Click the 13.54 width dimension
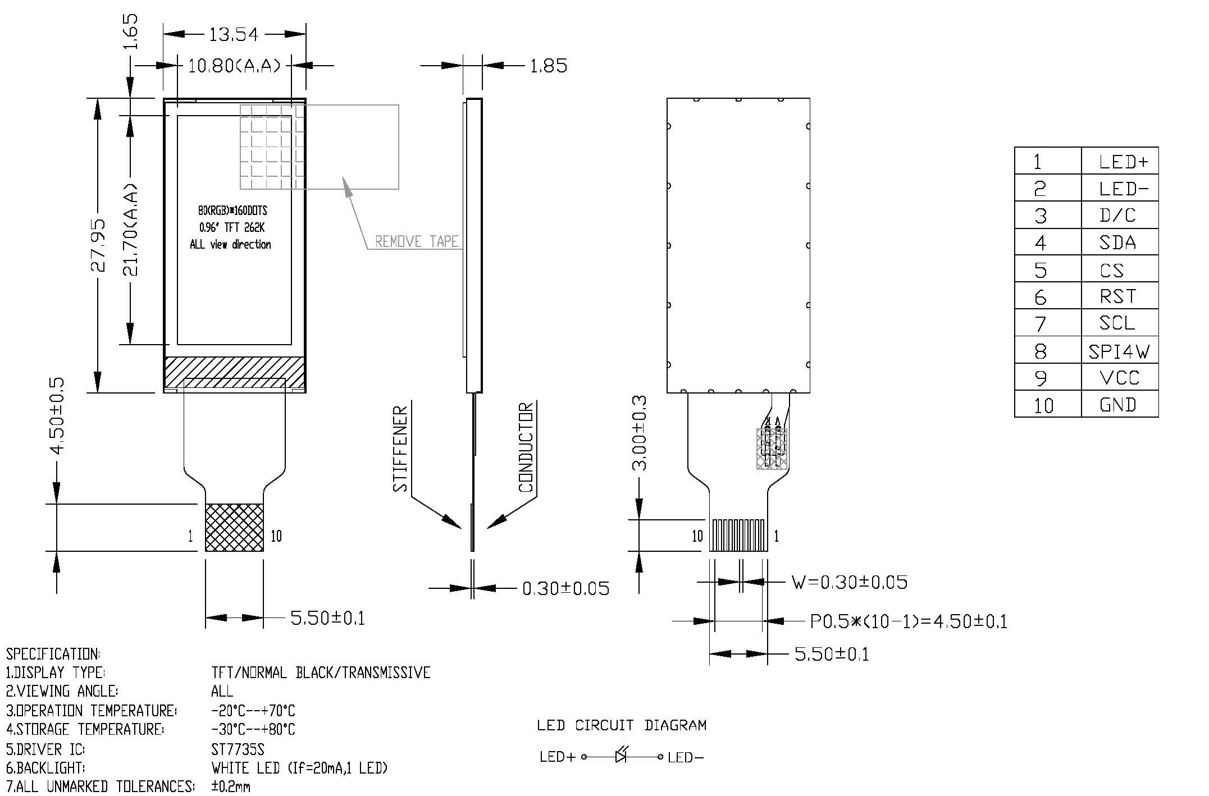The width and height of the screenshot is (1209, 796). click(234, 35)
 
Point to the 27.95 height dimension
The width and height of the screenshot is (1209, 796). click(98, 245)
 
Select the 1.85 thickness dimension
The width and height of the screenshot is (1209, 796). click(549, 66)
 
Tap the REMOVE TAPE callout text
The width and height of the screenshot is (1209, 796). click(417, 242)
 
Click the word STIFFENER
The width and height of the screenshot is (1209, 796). click(400, 449)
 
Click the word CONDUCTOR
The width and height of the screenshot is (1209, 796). click(526, 447)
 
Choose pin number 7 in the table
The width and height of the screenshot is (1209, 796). click(1040, 324)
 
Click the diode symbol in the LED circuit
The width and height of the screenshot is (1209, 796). click(621, 756)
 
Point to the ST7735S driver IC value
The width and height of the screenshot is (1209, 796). click(238, 749)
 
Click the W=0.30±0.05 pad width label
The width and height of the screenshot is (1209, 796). click(849, 582)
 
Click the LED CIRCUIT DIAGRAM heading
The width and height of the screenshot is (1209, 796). click(621, 725)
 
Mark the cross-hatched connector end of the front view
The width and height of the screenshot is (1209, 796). click(234, 528)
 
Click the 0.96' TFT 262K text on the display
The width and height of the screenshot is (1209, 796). click(231, 228)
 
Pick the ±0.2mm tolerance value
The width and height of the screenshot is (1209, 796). click(231, 786)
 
